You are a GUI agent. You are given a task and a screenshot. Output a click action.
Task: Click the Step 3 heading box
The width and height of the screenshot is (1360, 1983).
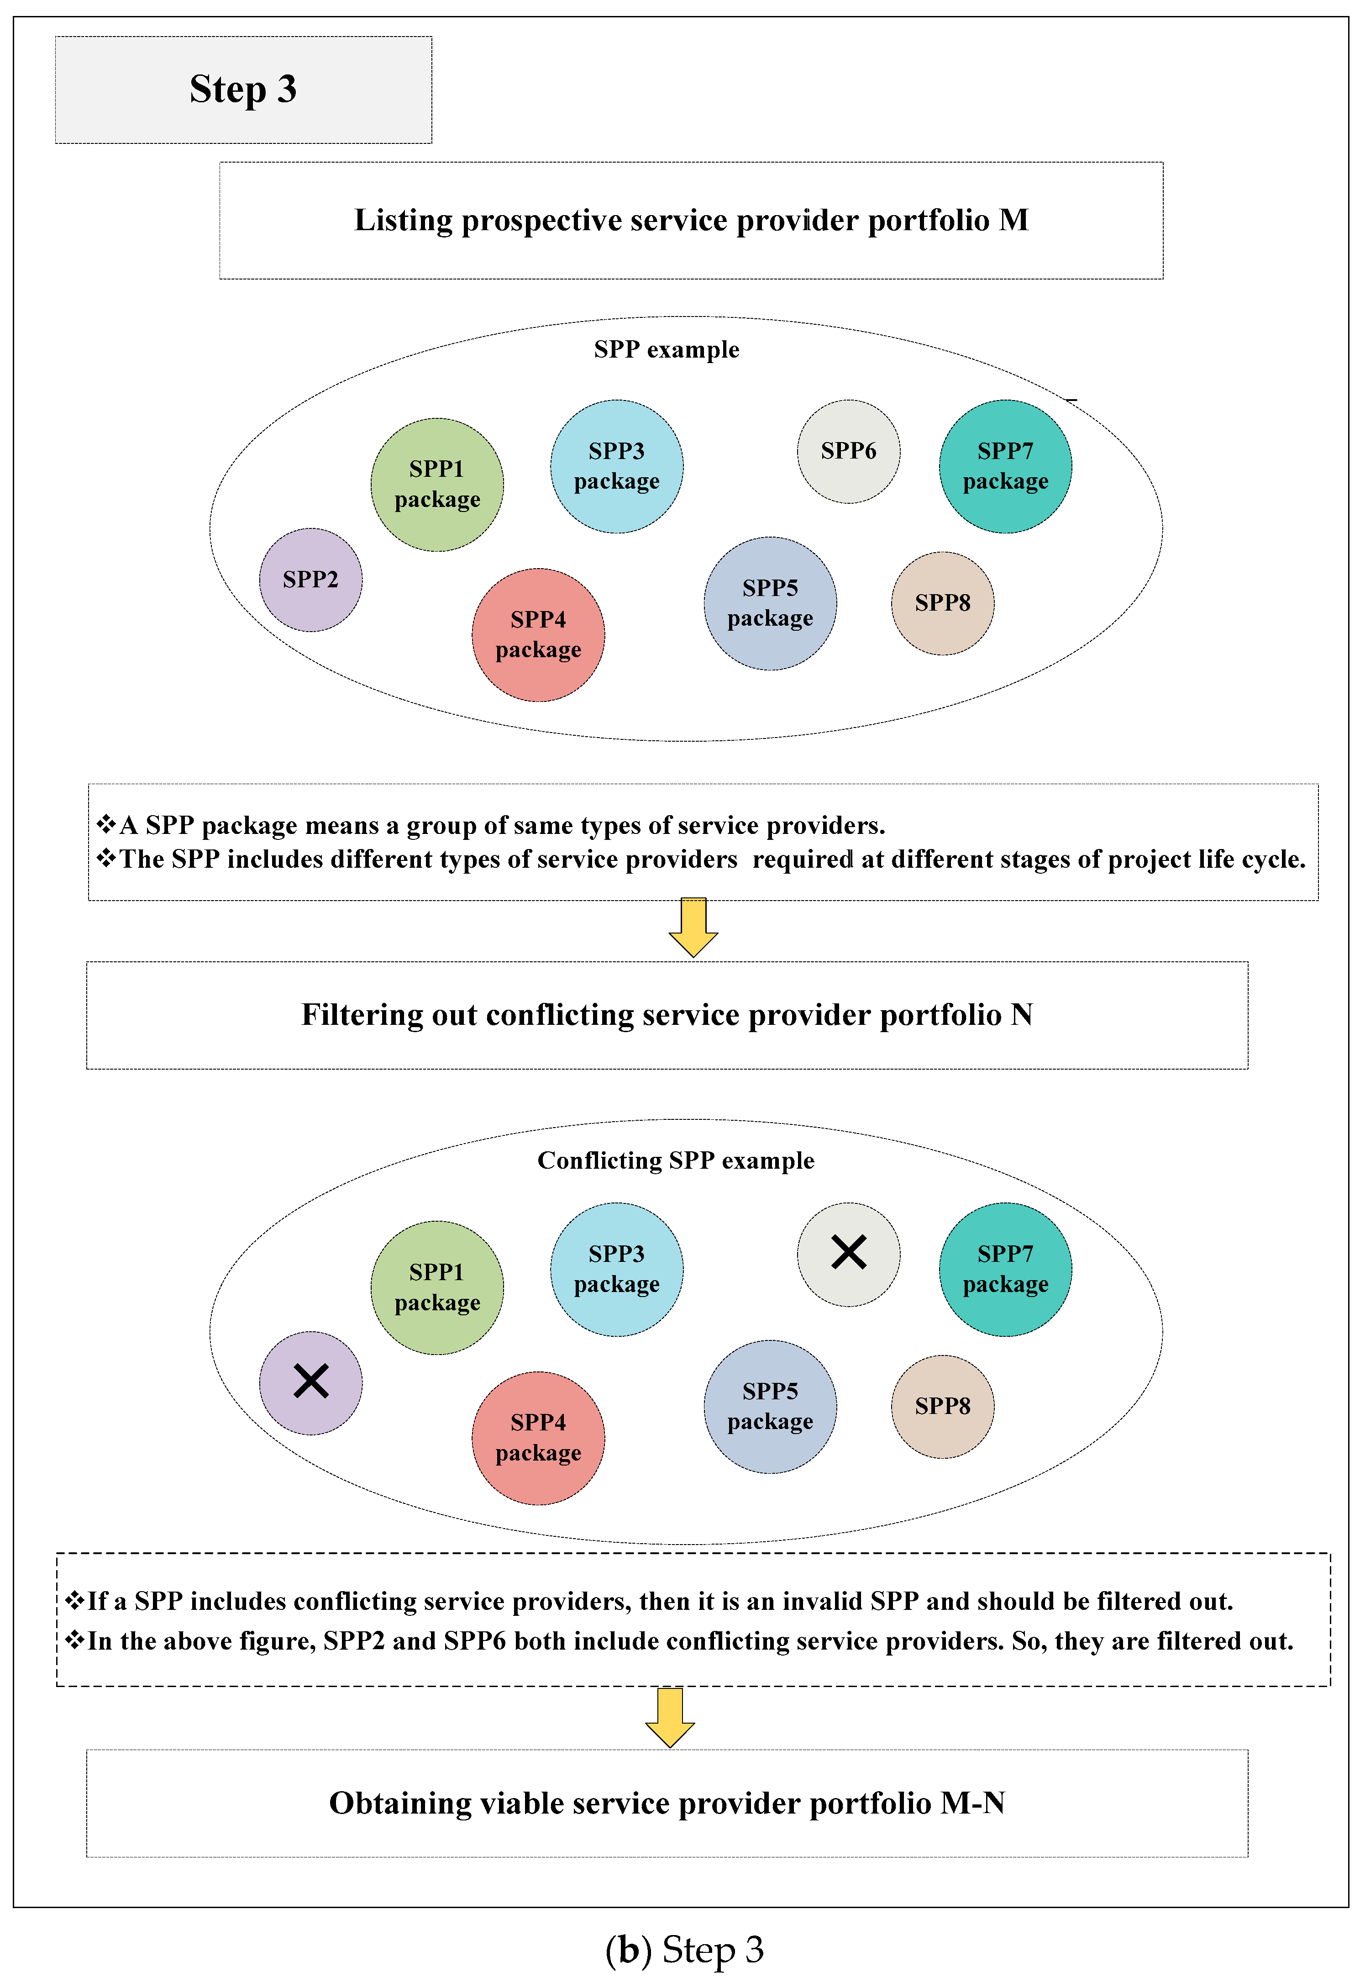tap(243, 90)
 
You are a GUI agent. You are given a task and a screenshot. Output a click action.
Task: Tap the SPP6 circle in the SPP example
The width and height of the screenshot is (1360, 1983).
tap(848, 451)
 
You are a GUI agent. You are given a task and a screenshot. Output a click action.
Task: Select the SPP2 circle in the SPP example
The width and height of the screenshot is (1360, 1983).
tap(310, 580)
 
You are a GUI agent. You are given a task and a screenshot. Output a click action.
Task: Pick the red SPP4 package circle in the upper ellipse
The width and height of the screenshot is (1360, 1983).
tap(538, 635)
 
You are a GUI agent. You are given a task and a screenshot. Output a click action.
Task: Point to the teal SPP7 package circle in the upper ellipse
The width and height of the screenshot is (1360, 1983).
tap(1005, 467)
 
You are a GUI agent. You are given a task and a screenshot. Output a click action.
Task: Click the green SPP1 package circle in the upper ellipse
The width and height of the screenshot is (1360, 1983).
tap(437, 485)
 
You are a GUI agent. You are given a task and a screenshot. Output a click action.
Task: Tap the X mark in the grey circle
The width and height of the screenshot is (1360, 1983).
tap(848, 1253)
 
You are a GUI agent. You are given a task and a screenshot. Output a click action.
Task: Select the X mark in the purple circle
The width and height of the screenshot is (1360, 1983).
tap(310, 1381)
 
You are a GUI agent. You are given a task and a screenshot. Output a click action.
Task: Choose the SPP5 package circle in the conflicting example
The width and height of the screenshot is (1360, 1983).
tap(770, 1406)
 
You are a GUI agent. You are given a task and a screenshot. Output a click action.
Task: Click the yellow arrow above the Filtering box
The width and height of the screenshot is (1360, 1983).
tap(693, 928)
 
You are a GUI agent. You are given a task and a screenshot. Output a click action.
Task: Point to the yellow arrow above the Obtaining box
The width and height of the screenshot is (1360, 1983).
tap(670, 1717)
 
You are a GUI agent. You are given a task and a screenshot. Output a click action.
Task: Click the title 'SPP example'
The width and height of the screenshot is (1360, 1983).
tap(667, 350)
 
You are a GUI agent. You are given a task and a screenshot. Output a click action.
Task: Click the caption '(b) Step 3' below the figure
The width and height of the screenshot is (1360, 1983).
tap(684, 1951)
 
